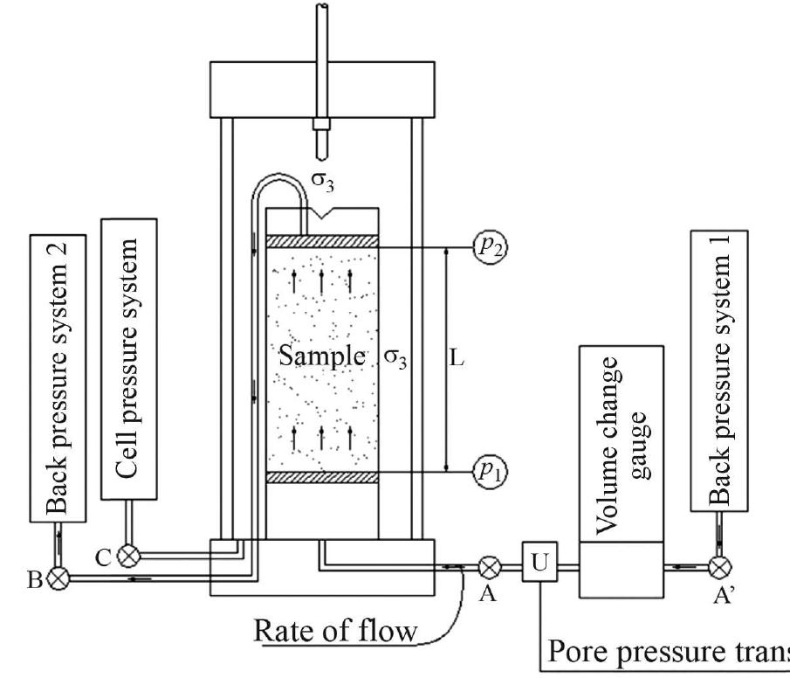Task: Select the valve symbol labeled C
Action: pos(129,553)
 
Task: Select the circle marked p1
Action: pos(489,472)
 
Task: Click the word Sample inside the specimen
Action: pos(321,356)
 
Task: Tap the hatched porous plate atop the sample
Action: pos(322,241)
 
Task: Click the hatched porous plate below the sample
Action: pos(322,477)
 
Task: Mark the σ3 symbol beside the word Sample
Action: pos(397,357)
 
